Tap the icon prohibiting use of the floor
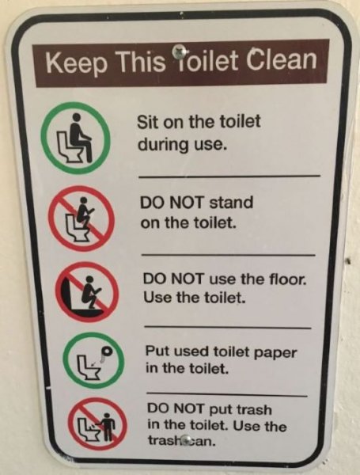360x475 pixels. [x=86, y=291]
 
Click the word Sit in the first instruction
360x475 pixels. [x=148, y=124]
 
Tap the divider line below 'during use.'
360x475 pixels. [x=229, y=175]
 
